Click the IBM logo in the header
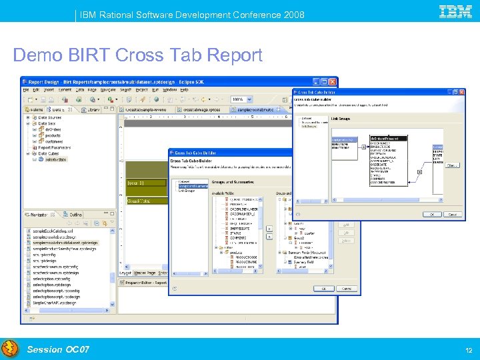point(456,11)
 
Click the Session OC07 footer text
point(58,349)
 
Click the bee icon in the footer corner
point(9,349)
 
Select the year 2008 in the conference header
point(293,14)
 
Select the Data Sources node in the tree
point(50,117)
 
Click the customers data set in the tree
point(55,141)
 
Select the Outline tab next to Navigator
point(75,215)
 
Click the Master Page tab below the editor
point(145,272)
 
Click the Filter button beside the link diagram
point(452,165)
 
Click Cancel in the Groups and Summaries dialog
point(346,289)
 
